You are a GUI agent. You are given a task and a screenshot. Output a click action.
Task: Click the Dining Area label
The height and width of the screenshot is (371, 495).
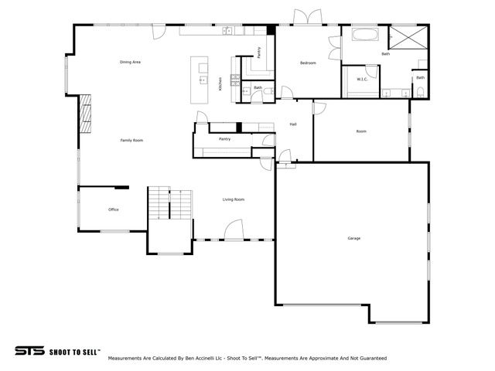130,62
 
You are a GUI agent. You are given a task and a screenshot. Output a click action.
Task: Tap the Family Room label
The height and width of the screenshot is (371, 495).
131,140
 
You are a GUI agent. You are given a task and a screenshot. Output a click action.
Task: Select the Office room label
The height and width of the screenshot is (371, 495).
113,209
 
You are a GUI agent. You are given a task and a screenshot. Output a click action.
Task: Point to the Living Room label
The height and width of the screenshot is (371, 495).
234,200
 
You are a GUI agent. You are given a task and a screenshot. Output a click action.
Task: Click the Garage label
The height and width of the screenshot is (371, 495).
353,238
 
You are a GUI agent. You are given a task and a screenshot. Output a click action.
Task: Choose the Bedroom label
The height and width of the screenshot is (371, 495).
308,63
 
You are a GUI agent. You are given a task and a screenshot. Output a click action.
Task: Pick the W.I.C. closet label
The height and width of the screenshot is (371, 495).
361,79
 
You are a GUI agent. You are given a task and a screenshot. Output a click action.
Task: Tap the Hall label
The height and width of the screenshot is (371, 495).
293,124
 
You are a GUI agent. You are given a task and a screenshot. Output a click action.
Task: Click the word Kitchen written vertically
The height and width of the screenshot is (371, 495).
220,84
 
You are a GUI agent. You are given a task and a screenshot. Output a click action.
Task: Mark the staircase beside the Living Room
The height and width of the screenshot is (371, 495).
169,205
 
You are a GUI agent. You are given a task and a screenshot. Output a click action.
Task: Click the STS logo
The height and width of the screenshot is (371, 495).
29,350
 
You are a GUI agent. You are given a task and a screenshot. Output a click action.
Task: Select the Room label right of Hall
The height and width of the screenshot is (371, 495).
361,131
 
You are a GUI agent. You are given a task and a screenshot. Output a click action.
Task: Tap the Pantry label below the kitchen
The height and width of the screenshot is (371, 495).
225,139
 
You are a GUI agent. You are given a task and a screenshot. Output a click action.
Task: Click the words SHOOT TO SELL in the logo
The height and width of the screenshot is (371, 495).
74,351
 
